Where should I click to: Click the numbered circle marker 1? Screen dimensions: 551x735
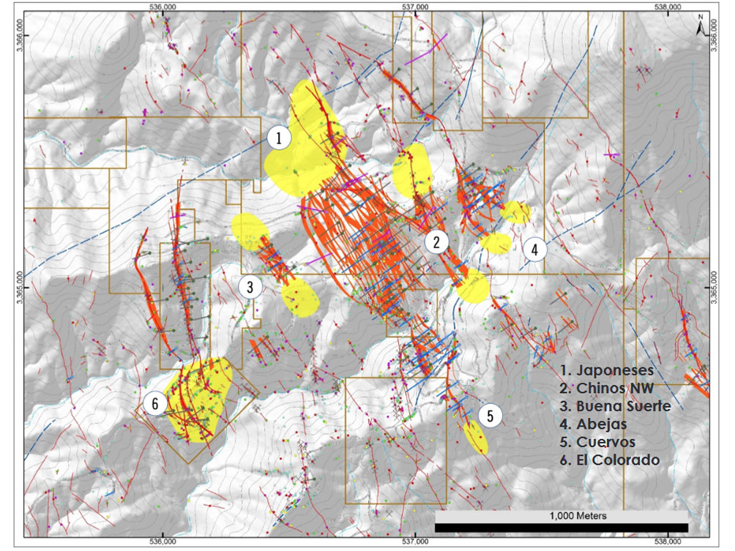pyautogui.click(x=279, y=137)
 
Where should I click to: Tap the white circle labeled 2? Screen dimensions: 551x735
pyautogui.click(x=436, y=242)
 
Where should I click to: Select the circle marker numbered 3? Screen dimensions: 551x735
pyautogui.click(x=250, y=287)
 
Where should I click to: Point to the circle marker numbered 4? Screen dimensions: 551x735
pyautogui.click(x=534, y=249)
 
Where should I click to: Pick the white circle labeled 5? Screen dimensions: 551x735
pyautogui.click(x=490, y=416)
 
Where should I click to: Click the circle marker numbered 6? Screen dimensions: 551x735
pyautogui.click(x=155, y=402)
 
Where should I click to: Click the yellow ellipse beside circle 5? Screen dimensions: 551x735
pyautogui.click(x=476, y=437)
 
